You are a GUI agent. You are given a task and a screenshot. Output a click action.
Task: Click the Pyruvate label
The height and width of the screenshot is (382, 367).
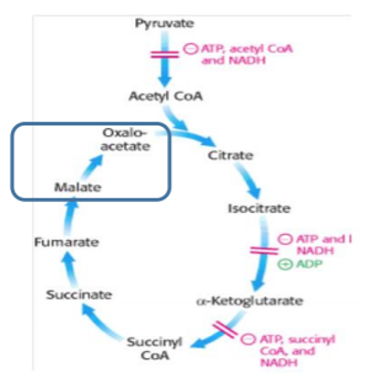[163, 20]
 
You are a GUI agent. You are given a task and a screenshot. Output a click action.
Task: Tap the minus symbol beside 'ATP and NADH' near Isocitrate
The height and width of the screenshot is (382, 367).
[283, 239]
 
